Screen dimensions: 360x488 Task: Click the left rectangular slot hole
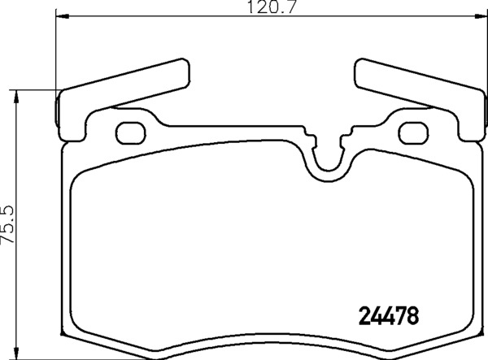130,131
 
